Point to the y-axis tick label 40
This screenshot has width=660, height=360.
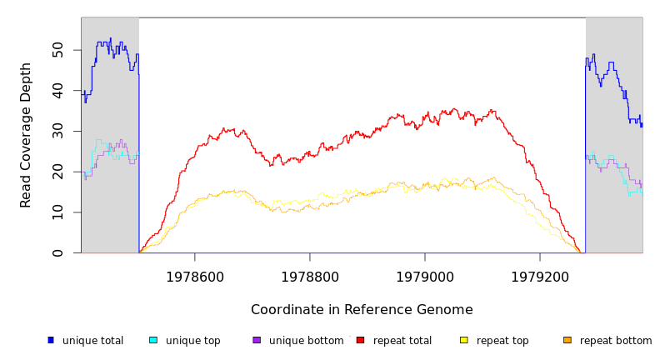click(57, 90)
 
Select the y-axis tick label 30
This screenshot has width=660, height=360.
click(57, 131)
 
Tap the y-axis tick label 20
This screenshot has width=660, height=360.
click(57, 172)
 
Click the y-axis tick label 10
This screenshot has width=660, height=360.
click(57, 212)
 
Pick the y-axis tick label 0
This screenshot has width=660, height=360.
click(57, 253)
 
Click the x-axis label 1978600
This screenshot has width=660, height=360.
click(195, 277)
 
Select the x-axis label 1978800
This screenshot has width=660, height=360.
click(310, 277)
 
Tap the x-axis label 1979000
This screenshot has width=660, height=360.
click(425, 277)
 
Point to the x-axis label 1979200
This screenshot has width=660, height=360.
click(540, 277)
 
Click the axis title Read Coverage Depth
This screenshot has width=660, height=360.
click(26, 135)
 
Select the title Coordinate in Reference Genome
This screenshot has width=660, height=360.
click(362, 310)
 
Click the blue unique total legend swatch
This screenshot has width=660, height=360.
click(51, 340)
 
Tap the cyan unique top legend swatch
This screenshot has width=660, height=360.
click(153, 340)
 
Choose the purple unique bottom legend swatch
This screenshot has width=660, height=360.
click(257, 340)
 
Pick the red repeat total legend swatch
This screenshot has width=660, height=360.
click(360, 340)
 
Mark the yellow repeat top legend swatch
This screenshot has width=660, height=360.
click(463, 340)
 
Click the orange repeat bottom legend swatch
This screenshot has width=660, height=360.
click(567, 340)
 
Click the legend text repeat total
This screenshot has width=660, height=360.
click(402, 341)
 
